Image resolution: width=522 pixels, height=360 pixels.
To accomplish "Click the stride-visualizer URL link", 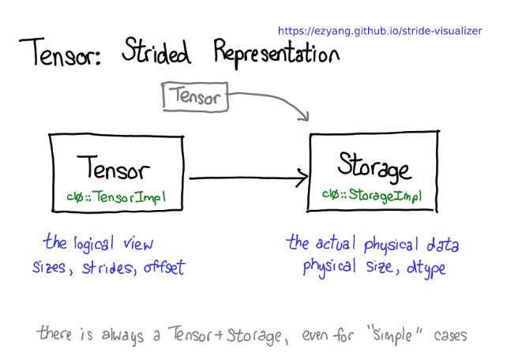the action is coord(380,31).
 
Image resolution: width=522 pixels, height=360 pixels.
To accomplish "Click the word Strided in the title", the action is coord(156,51).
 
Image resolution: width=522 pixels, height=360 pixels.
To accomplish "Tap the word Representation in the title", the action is coord(276,53).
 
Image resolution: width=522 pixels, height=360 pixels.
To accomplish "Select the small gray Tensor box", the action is coord(195,96).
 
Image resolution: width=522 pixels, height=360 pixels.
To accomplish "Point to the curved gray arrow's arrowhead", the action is coord(305,117).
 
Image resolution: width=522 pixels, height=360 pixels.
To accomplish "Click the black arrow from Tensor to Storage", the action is coord(249,178).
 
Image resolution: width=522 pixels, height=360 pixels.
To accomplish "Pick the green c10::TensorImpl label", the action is coord(116,197).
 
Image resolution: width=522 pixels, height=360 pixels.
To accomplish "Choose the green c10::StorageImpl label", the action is coord(372,195).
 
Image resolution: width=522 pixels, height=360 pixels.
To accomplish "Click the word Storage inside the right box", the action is coord(374,167).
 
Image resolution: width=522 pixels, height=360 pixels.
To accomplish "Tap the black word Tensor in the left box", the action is coord(113,167).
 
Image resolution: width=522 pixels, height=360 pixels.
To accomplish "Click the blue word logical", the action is coord(94,244).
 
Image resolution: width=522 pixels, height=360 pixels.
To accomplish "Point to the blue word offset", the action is coord(164,267).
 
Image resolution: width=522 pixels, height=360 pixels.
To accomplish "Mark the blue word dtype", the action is coord(426,268).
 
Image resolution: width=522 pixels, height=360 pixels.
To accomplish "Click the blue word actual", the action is coord(336,243).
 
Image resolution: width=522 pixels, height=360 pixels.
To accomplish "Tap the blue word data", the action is coord(443,244).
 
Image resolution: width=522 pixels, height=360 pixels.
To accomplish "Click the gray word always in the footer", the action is coord(123,336).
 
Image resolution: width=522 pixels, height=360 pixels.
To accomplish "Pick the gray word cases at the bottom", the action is coord(450,336).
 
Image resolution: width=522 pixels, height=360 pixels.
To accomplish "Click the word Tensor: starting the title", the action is coord(60,52).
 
